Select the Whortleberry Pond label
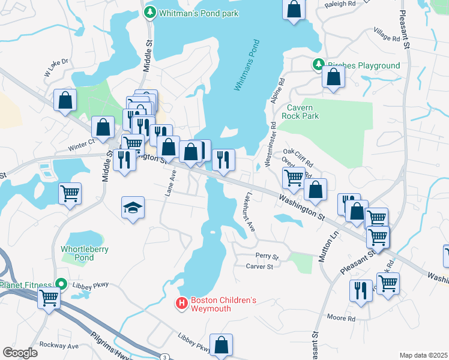[x=85, y=253]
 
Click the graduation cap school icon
[x=133, y=208]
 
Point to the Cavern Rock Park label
[x=312, y=112]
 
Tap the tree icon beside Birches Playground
[x=318, y=65]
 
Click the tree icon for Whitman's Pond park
[x=149, y=13]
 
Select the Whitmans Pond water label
[x=248, y=66]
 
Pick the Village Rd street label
[x=387, y=37]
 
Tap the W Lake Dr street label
[x=56, y=68]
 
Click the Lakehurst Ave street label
[x=250, y=212]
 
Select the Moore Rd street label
[x=341, y=317]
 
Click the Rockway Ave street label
[x=59, y=346]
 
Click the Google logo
[x=20, y=352]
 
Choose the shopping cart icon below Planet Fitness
[x=49, y=296]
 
